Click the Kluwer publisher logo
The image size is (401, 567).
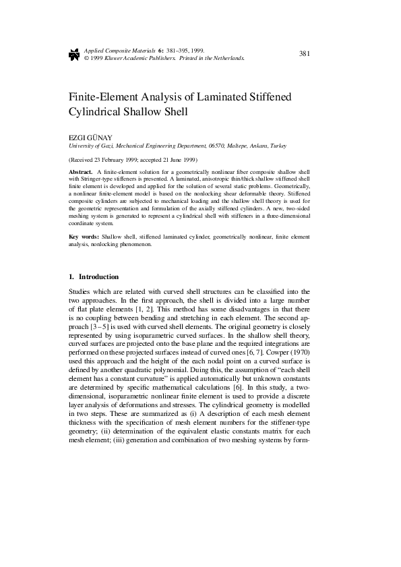coord(74,55)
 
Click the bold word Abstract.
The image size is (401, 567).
coord(82,173)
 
